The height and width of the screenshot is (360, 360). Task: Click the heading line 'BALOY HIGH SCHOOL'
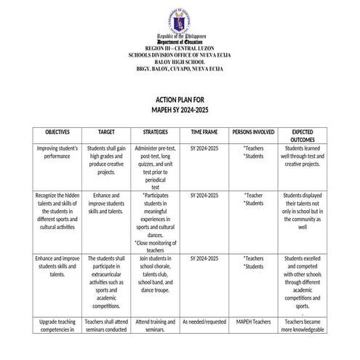tap(180, 62)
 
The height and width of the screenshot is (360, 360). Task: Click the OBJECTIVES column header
tap(57, 132)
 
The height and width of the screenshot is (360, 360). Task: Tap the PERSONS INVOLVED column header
tap(253, 132)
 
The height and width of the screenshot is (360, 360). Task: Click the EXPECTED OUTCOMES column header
tap(302, 136)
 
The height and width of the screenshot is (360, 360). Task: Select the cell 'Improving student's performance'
tap(57, 152)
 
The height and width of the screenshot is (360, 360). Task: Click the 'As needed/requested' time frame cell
tap(203, 321)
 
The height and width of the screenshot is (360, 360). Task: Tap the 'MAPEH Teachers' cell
tap(253, 321)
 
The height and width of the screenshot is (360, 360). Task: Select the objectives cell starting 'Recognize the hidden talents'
tap(57, 212)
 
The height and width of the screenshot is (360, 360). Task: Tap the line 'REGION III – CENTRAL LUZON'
tap(180, 48)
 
